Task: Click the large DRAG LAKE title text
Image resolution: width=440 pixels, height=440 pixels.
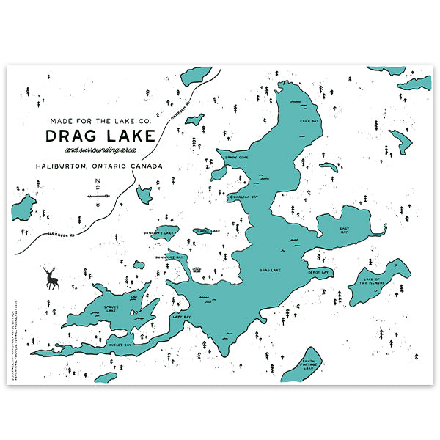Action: click(100, 136)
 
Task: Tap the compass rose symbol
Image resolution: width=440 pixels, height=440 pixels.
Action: click(98, 195)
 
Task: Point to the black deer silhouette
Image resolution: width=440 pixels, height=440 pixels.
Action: click(51, 278)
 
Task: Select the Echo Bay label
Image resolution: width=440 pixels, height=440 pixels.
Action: click(310, 121)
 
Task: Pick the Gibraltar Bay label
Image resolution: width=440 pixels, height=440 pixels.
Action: click(243, 197)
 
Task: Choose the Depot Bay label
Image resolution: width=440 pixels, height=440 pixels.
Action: click(318, 271)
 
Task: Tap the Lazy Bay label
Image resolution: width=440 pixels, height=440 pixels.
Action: click(181, 317)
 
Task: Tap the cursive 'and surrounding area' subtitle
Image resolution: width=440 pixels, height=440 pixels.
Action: click(117, 150)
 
